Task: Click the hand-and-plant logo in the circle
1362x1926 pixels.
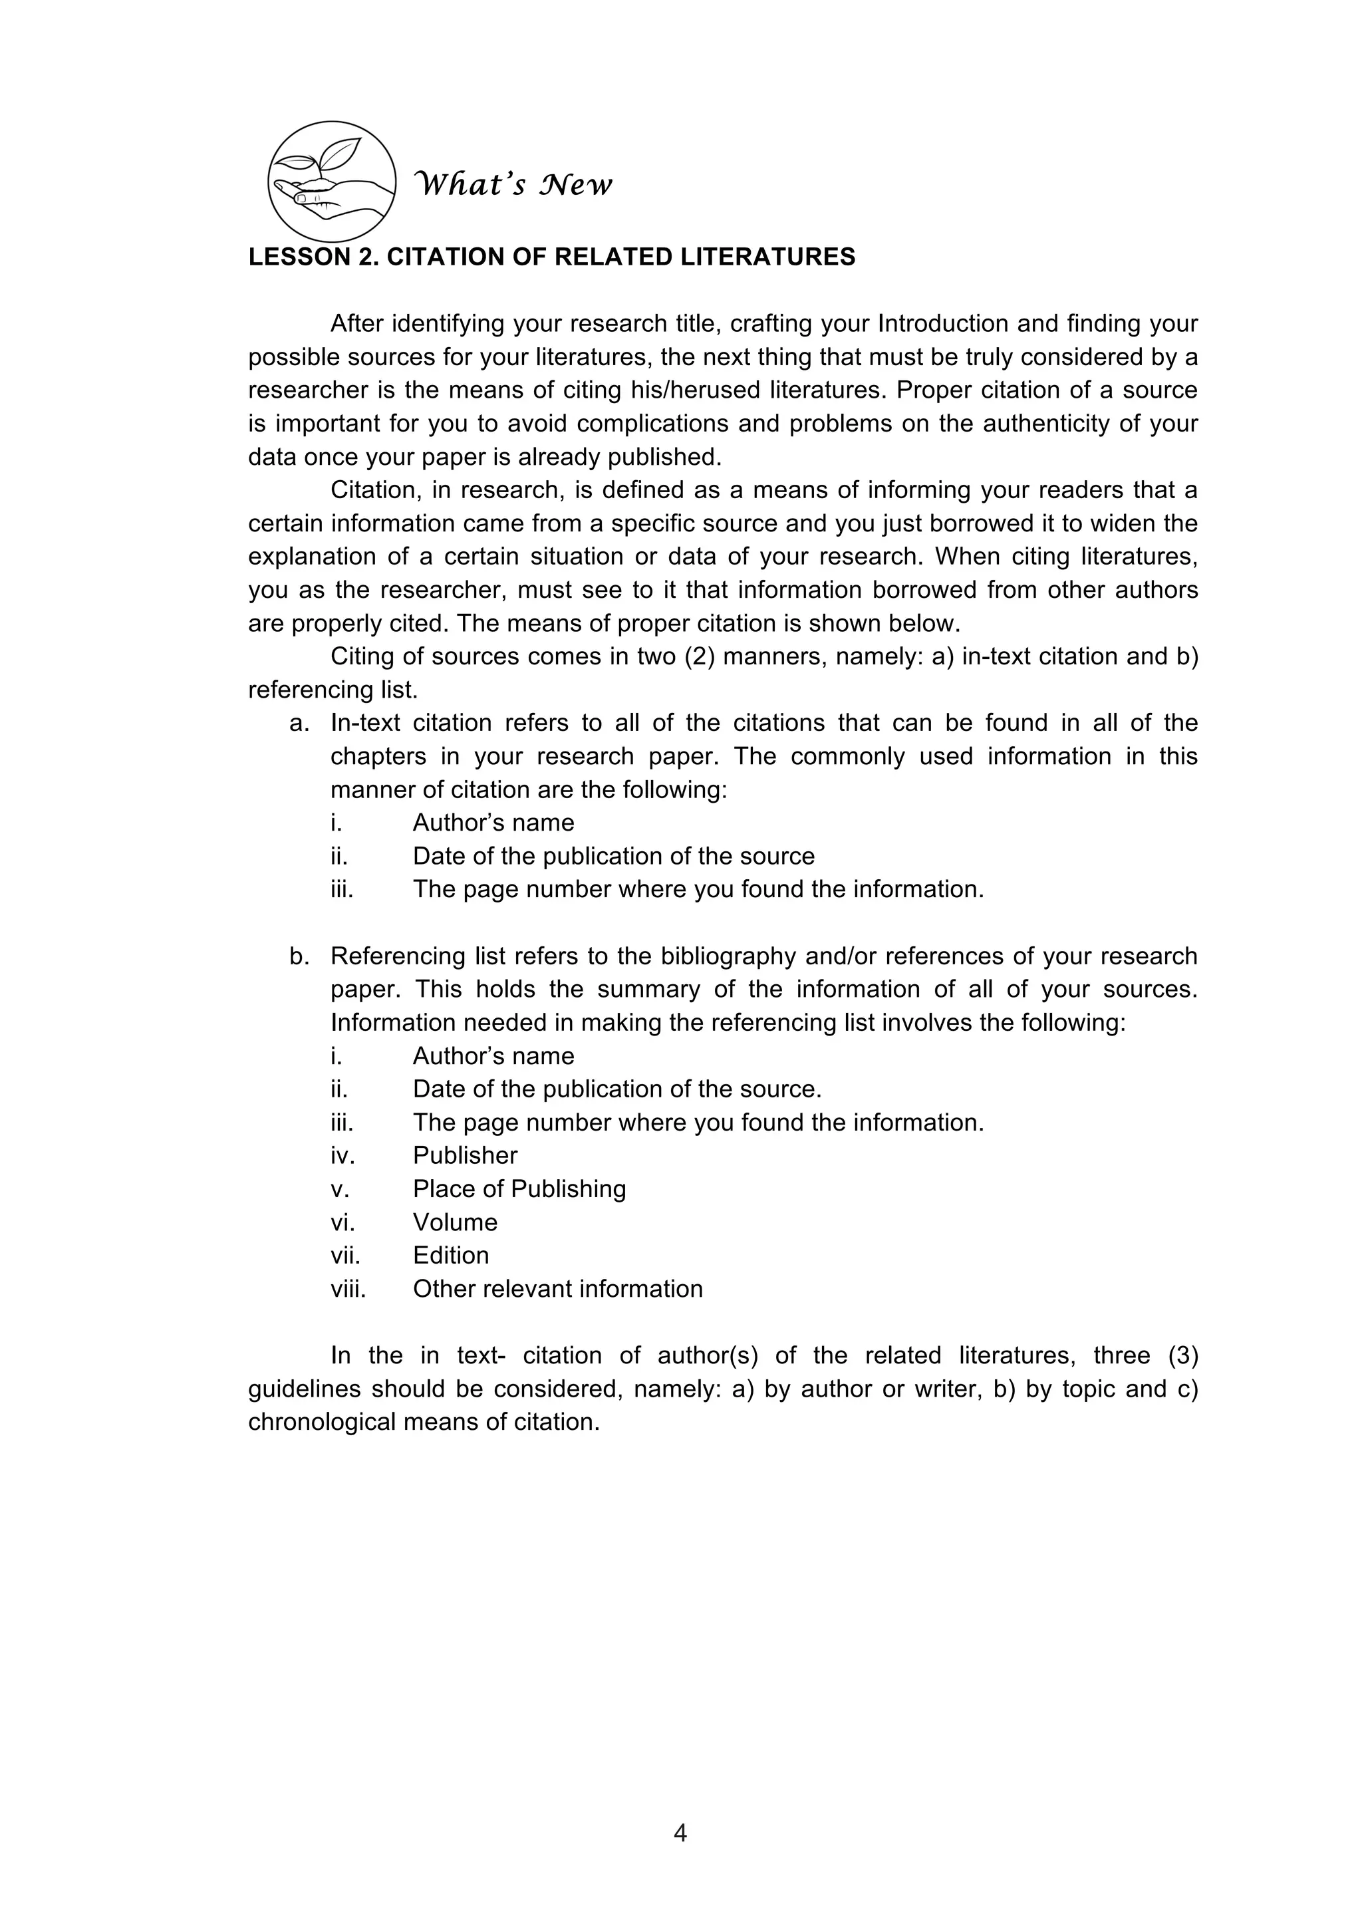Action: [x=332, y=181]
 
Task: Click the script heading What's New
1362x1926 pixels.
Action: [x=514, y=184]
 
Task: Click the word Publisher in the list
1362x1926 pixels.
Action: [x=465, y=1155]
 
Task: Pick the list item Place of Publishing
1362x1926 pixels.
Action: [x=519, y=1188]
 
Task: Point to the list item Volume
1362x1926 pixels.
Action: [x=455, y=1222]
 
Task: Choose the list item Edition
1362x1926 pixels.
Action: [x=450, y=1255]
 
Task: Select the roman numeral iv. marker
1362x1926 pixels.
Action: [x=342, y=1155]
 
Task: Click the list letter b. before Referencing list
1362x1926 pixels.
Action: [x=299, y=956]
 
